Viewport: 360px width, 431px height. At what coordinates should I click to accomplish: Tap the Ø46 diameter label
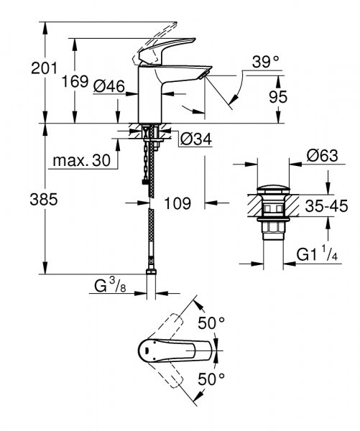109,86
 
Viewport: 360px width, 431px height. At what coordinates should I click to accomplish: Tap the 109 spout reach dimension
177,203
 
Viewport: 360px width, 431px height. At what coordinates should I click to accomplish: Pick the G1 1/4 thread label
319,254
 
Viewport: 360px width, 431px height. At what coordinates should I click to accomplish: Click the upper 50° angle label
212,323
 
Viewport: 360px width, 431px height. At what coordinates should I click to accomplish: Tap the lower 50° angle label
212,378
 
